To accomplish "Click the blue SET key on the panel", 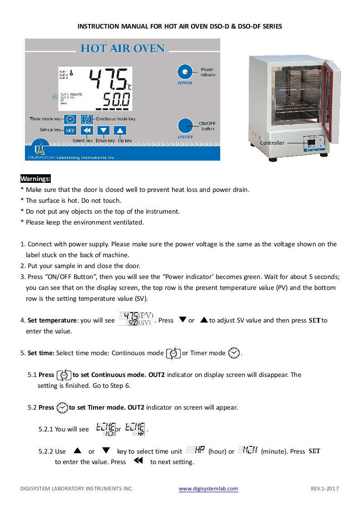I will click(x=69, y=131).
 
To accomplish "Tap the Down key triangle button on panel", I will click(x=104, y=131).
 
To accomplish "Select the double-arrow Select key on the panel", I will click(x=87, y=131).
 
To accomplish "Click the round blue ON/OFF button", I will click(x=185, y=126).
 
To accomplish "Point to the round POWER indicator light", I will click(x=185, y=72).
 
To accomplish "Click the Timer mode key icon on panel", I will click(x=69, y=119).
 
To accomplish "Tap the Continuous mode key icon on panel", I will click(x=87, y=119).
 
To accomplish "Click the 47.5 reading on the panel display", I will click(x=109, y=80).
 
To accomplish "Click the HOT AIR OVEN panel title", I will click(x=123, y=49).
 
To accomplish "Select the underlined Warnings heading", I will click(x=35, y=179).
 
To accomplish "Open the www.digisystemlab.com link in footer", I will click(x=208, y=489).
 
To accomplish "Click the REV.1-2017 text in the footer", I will click(x=325, y=489).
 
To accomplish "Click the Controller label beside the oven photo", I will click(x=272, y=143).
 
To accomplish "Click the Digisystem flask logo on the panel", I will click(x=40, y=151).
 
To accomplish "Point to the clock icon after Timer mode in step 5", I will click(x=234, y=353).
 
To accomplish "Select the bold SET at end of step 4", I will click(x=315, y=320).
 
